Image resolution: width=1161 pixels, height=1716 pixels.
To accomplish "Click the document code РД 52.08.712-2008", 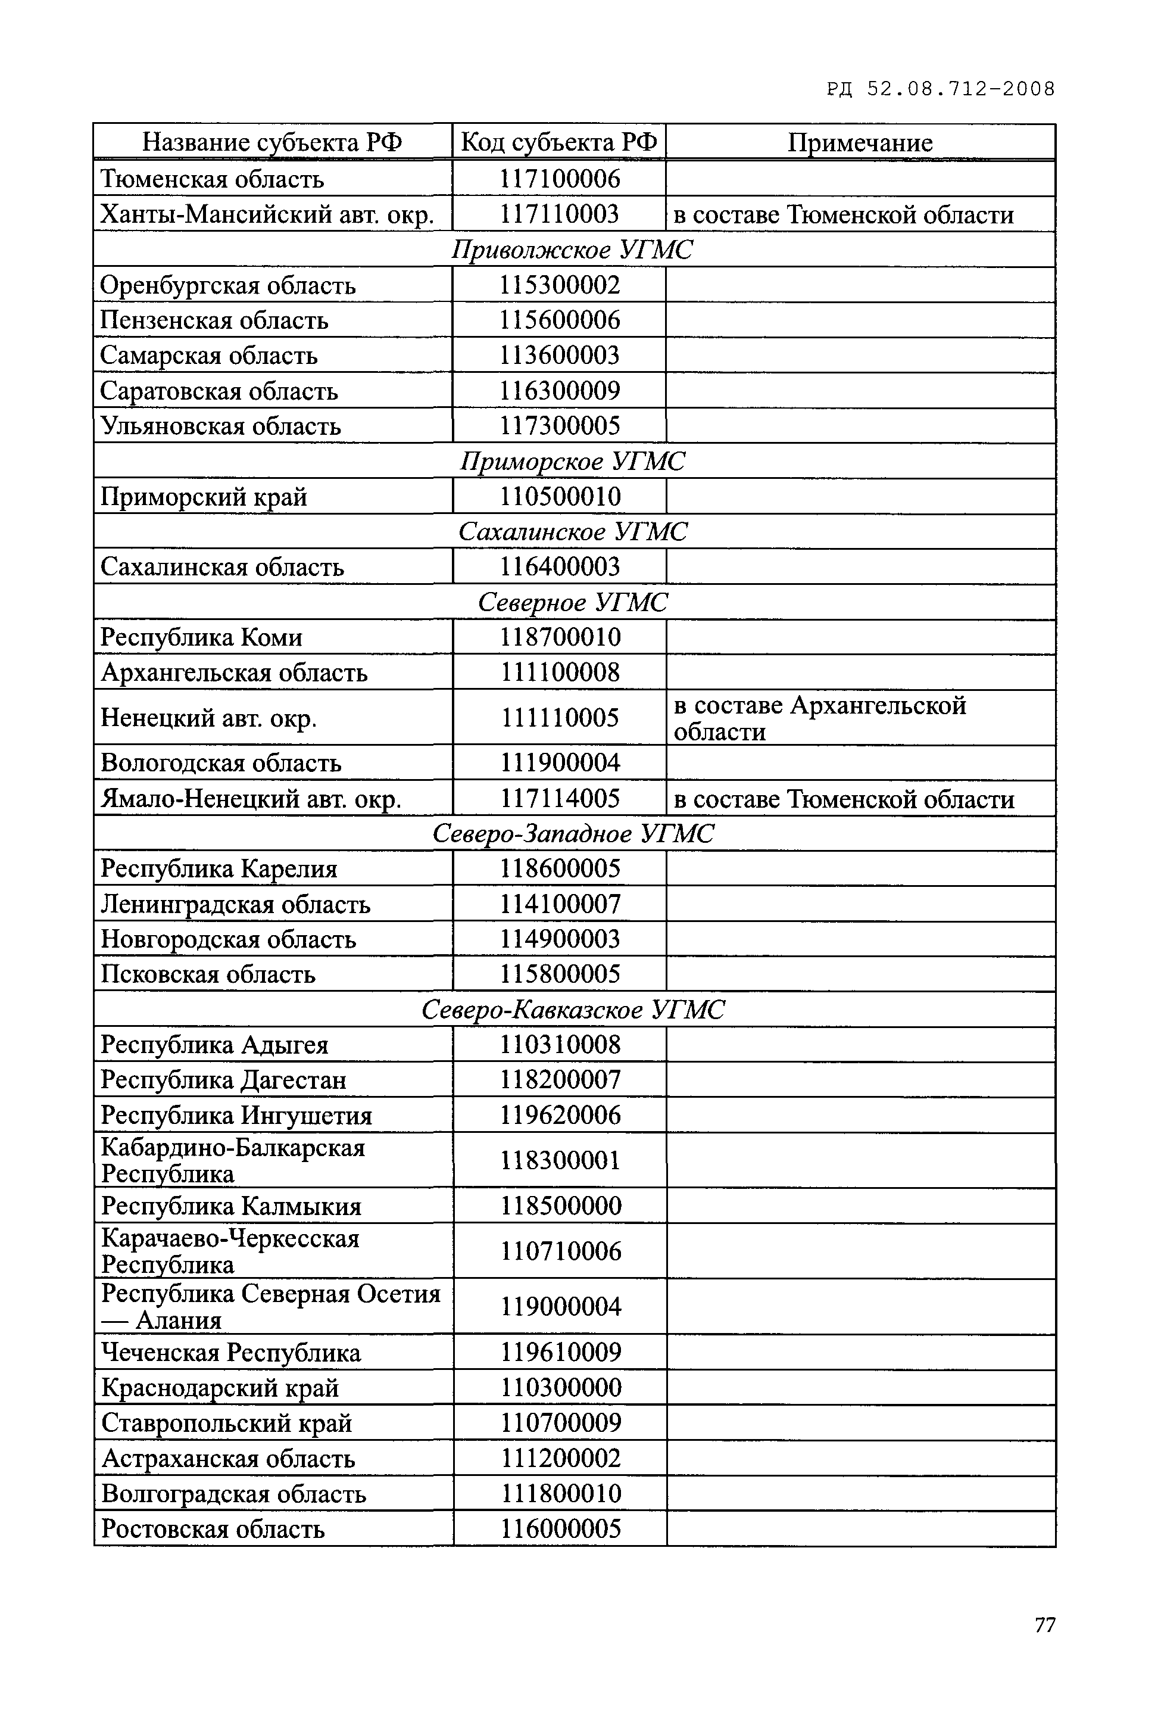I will click(940, 89).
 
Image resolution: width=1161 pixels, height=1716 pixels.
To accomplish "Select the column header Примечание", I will click(860, 142).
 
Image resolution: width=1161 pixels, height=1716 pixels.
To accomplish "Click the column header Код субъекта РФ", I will click(558, 142).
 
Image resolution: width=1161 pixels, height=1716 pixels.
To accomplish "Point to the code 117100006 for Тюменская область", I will click(560, 179).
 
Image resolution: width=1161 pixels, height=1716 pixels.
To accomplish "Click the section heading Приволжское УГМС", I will click(573, 250).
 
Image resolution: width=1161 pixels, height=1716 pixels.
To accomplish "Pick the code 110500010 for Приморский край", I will click(560, 497).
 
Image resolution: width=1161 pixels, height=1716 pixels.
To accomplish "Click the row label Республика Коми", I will click(201, 637).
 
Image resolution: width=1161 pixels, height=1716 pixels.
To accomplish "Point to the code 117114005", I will click(560, 799).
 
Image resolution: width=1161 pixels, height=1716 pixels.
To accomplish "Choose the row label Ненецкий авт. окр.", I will click(209, 718).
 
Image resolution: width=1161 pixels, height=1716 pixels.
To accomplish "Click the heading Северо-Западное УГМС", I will click(573, 834).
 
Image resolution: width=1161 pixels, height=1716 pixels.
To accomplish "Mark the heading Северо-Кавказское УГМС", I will click(573, 1010).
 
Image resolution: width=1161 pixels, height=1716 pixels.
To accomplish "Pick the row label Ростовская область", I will click(213, 1528).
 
